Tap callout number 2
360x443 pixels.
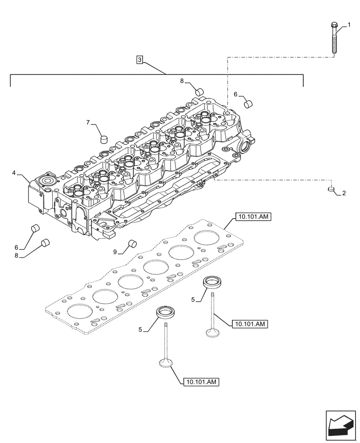(x=344, y=194)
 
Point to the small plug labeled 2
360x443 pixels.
(x=331, y=190)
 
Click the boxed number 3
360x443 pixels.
(x=140, y=60)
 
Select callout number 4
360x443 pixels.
(x=14, y=172)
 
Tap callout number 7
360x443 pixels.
(x=88, y=122)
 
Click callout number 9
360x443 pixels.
(x=115, y=252)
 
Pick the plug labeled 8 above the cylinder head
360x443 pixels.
(x=200, y=92)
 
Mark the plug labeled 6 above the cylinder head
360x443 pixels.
(x=249, y=104)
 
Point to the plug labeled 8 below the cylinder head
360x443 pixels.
(x=45, y=243)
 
